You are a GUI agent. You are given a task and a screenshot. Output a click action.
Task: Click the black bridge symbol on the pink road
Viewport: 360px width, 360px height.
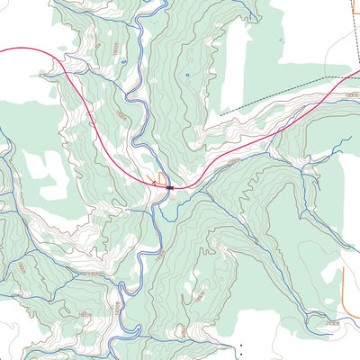[168, 187]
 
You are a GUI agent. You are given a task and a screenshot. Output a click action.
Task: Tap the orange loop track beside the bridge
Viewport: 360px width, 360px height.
[161, 178]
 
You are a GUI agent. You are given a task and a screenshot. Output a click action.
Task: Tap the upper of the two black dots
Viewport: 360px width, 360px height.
[240, 345]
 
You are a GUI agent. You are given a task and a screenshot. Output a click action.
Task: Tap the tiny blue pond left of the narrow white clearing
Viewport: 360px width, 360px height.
[187, 76]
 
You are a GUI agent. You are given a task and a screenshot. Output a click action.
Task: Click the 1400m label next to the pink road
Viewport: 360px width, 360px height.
[235, 160]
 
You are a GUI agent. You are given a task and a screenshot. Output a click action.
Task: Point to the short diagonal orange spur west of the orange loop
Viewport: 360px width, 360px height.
[153, 181]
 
